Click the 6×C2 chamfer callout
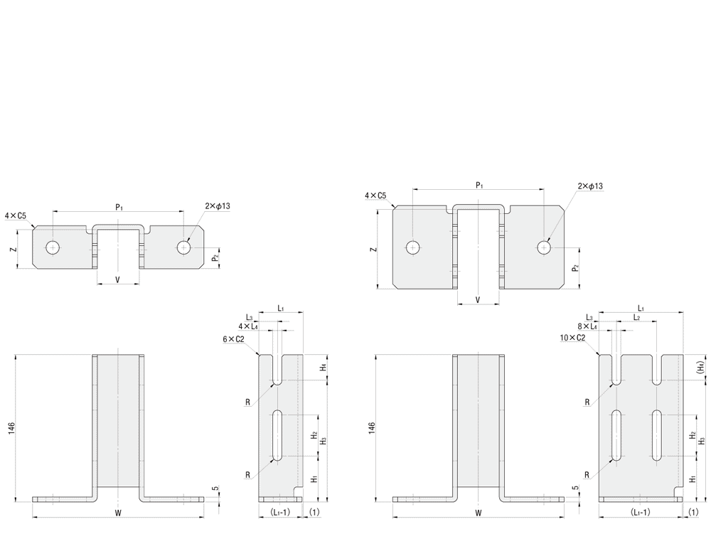tap(234, 339)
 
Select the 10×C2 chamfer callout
tap(572, 338)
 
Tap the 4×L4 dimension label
tap(248, 326)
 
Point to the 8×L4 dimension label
tap(587, 326)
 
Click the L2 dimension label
tap(636, 317)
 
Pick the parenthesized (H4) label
tap(702, 366)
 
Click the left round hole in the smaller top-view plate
tap(53, 247)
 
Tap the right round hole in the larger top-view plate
tap(544, 247)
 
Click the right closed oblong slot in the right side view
tap(656, 435)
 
